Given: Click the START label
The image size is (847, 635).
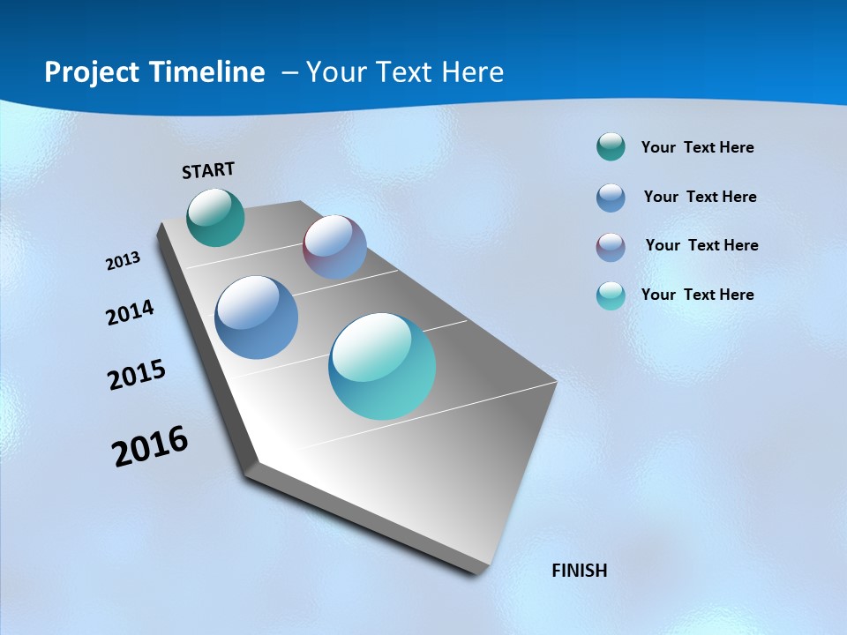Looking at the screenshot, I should [x=208, y=170].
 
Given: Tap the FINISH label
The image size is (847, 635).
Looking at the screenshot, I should [x=579, y=571].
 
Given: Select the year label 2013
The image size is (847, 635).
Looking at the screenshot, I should [x=123, y=261].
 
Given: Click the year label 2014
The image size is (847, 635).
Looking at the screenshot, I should [x=130, y=312].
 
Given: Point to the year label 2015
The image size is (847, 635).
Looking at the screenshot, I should [x=136, y=375].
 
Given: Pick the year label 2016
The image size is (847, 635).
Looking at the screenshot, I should [x=150, y=446].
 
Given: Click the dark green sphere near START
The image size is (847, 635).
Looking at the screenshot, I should [x=216, y=217].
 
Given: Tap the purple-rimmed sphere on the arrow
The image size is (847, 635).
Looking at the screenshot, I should [x=334, y=247].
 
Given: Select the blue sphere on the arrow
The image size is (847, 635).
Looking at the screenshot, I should [x=257, y=317].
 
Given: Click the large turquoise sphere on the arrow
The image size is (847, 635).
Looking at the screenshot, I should [x=382, y=366].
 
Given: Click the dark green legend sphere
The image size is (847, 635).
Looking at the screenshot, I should [x=611, y=147].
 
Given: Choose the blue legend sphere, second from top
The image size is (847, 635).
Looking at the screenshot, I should [x=611, y=198].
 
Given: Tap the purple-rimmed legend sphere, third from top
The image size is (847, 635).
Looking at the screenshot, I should [x=611, y=247].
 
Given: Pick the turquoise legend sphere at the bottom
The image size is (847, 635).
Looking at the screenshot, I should [x=611, y=295].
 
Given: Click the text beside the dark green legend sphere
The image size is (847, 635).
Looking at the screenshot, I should [x=697, y=147].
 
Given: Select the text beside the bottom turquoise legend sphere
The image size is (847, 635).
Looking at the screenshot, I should [x=697, y=295].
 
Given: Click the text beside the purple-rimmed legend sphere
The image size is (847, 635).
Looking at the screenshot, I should [x=701, y=245].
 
